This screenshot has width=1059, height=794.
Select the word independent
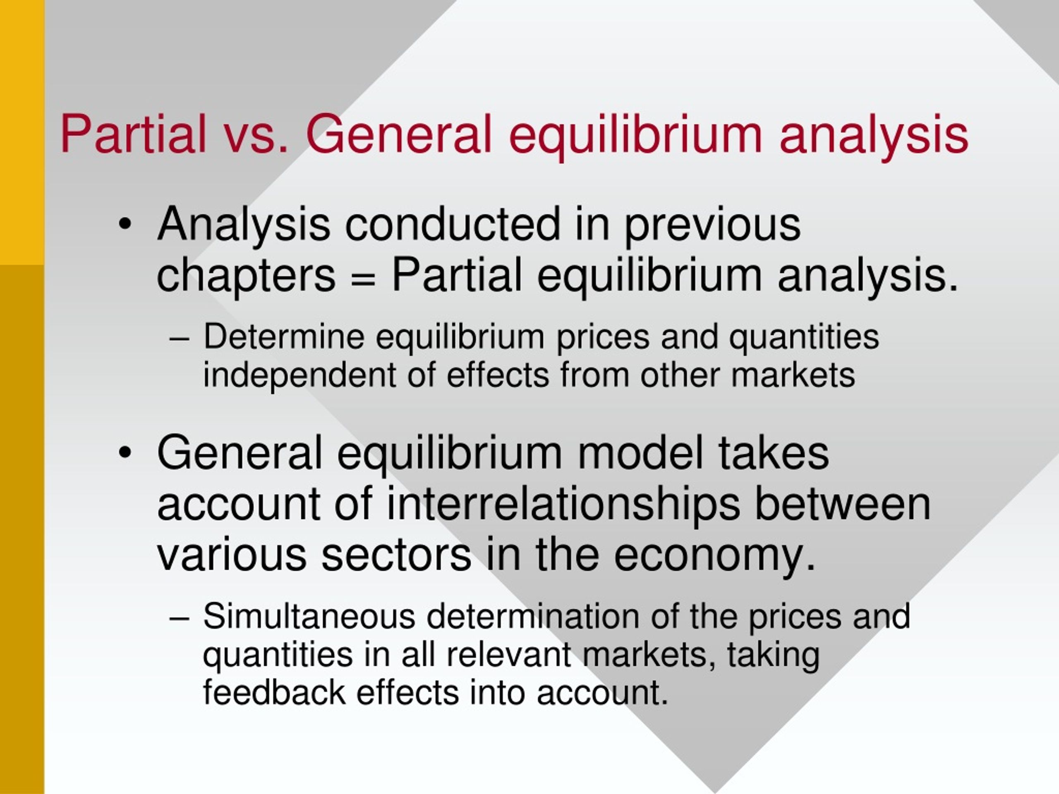pyautogui.click(x=299, y=375)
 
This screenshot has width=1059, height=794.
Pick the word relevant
pyautogui.click(x=508, y=654)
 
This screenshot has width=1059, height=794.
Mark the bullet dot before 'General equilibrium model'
pyautogui.click(x=125, y=453)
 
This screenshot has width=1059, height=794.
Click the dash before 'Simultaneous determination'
pyautogui.click(x=180, y=617)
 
